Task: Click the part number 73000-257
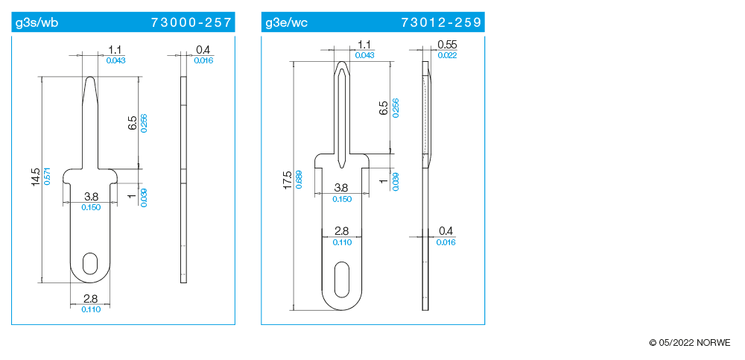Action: click(x=191, y=22)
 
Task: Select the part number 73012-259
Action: click(x=441, y=22)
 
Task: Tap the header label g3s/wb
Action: click(x=37, y=23)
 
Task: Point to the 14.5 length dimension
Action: click(x=36, y=177)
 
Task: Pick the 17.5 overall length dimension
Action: click(x=287, y=180)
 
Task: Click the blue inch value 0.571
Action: click(x=47, y=176)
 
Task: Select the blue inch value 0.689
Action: click(x=298, y=180)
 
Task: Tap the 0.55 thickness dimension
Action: click(x=447, y=44)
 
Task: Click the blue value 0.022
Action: click(x=447, y=55)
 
